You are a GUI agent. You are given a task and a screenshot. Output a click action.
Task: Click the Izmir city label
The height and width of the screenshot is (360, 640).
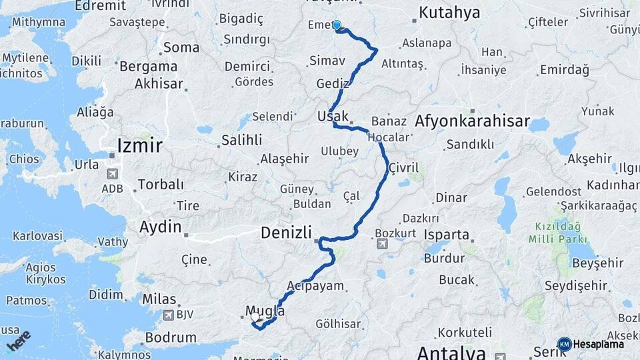(139, 145)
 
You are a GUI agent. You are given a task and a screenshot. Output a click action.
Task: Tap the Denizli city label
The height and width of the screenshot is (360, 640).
(286, 233)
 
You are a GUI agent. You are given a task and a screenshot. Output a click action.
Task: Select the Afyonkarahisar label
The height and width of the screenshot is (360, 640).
(472, 121)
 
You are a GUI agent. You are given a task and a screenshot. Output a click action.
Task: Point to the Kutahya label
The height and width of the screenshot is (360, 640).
(449, 13)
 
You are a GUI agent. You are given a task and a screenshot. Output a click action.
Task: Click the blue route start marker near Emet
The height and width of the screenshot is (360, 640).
(337, 26)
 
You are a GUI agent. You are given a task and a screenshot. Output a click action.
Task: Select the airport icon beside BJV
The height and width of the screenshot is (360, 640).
(167, 315)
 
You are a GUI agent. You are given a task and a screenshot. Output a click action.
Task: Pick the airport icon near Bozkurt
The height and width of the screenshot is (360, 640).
(382, 244)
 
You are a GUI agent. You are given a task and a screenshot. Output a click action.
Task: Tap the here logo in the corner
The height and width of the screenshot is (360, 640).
(18, 340)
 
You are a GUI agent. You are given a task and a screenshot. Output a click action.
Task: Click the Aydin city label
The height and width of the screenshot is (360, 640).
(160, 227)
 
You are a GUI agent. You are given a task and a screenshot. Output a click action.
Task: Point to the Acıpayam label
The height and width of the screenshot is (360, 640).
(315, 286)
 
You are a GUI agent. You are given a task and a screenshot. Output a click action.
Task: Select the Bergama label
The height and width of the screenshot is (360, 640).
(147, 67)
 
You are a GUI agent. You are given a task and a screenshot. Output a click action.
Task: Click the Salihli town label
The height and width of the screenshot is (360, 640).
(241, 140)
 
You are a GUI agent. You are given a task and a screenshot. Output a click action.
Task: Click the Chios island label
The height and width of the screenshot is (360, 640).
(23, 159)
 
